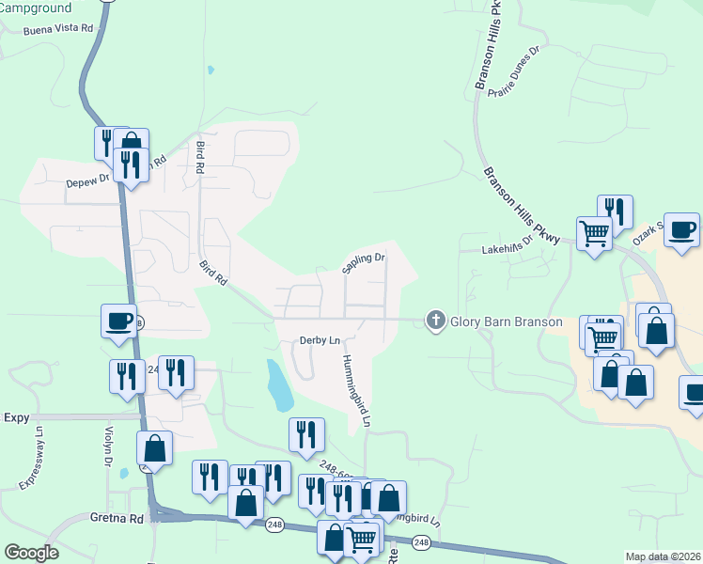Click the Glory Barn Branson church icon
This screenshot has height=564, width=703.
coord(435,321)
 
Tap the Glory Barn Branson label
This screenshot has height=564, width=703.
coord(507,321)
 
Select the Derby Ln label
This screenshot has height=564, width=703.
coord(319,340)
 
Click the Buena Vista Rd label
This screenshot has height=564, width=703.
coord(58,28)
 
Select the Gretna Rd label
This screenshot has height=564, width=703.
coord(117,518)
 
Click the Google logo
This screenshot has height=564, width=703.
coord(31,553)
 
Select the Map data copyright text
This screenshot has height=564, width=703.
coord(663,556)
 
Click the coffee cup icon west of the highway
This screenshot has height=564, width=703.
coord(119,321)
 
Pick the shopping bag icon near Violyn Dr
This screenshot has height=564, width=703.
coord(155,448)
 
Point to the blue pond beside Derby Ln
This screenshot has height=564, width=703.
coord(279,384)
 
